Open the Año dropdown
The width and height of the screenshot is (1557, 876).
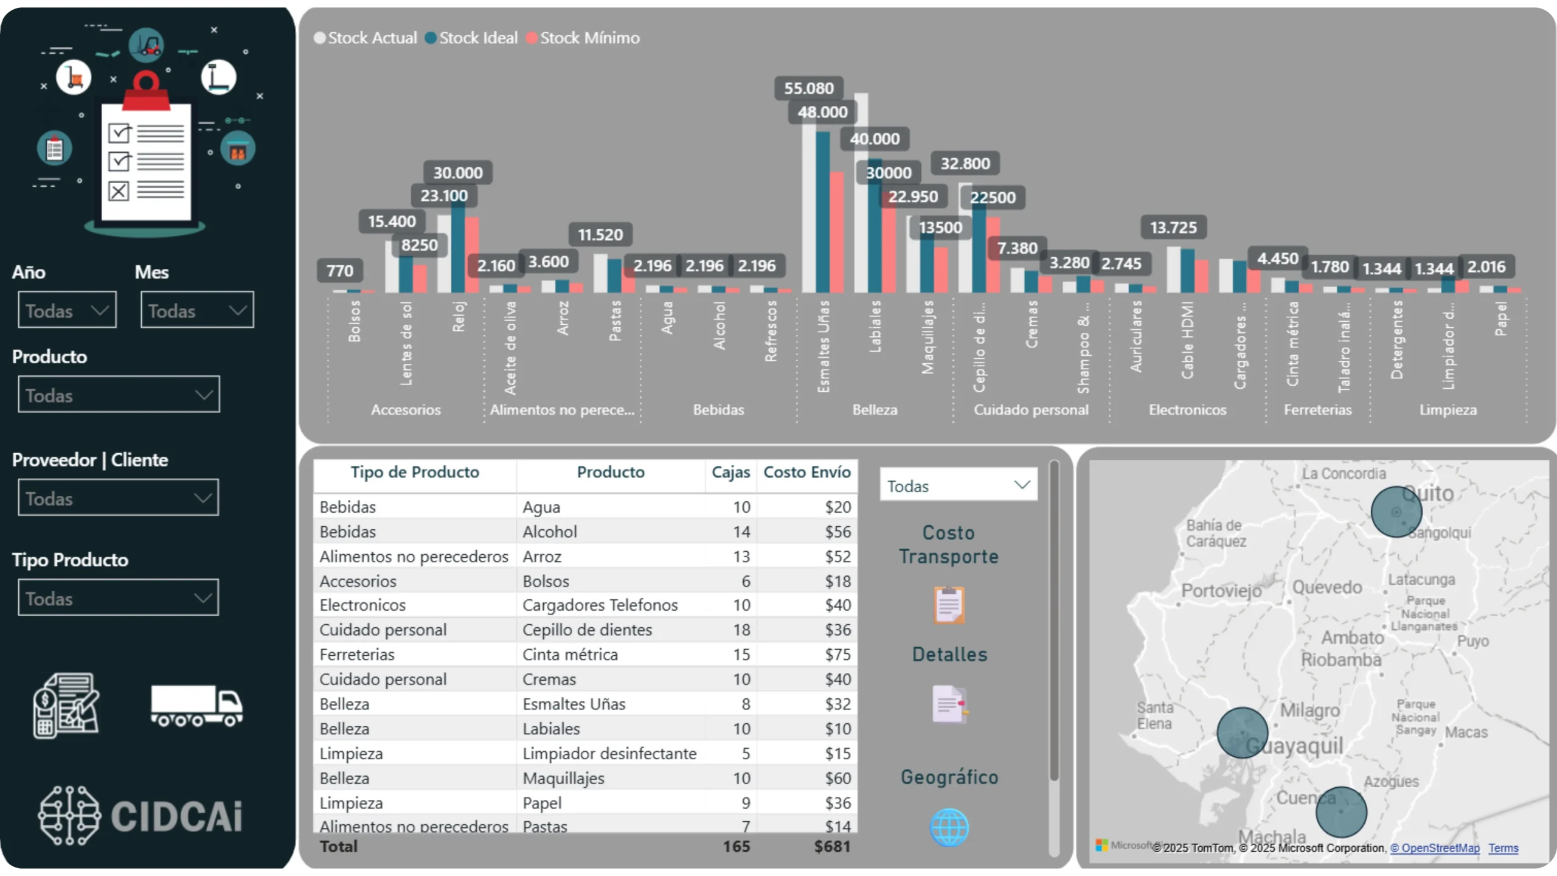67,310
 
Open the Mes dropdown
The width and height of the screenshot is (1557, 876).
197,310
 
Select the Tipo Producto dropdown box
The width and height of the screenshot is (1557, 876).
118,598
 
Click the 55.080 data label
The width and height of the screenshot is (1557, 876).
808,88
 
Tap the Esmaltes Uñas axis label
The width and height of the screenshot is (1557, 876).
823,347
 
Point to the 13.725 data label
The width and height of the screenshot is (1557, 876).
1173,228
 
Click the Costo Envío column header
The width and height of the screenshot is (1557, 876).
806,472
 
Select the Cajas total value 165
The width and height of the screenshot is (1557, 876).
736,846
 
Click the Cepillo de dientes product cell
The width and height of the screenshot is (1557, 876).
587,630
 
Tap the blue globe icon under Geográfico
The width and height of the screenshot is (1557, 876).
949,827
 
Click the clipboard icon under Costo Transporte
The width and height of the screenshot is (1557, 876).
949,605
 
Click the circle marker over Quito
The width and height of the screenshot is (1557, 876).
1396,512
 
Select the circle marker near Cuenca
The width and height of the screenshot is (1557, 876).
1341,812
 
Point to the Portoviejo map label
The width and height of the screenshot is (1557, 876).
1221,591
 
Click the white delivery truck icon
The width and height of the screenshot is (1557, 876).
196,706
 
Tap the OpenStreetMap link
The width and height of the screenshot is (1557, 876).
1435,848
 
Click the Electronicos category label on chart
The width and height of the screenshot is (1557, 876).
1187,410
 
